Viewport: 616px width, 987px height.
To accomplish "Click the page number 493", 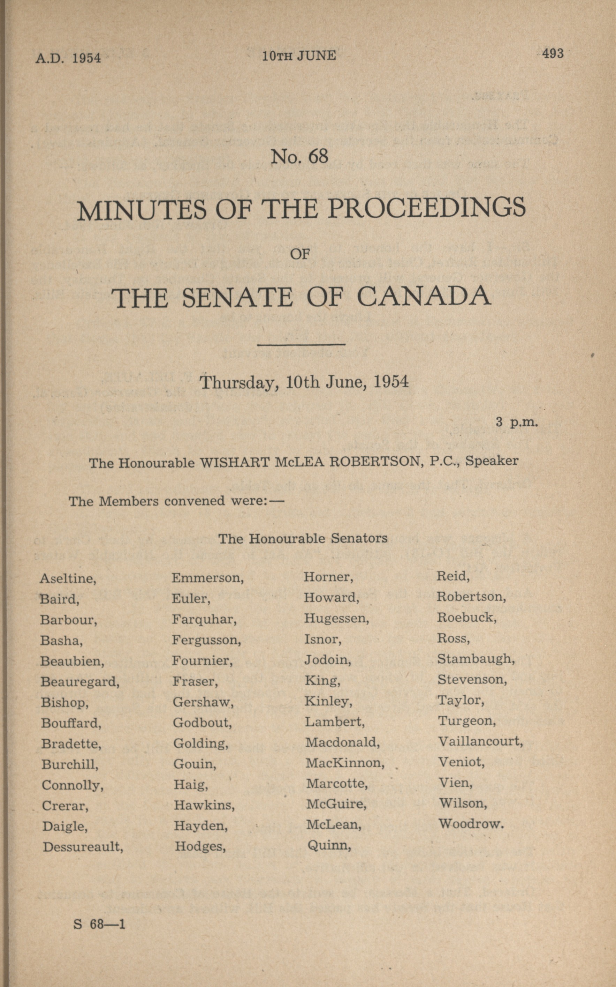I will point(553,53).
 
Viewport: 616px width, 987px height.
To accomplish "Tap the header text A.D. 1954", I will point(68,58).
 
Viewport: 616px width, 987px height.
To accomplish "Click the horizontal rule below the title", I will point(301,344).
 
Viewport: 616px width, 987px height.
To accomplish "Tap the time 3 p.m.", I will point(517,421).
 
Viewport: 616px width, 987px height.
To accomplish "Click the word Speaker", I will point(492,461).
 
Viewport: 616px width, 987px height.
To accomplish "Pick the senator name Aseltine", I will point(68,578).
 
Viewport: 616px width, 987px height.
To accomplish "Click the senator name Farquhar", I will point(204,619).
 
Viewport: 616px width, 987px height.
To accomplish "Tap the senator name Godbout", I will point(202,723).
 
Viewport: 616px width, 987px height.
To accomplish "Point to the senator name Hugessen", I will point(336,619).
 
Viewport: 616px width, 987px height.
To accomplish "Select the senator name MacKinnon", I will point(345,762).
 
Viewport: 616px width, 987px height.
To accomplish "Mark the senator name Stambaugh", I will point(476,659).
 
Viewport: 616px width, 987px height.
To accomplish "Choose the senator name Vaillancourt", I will point(480,741).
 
